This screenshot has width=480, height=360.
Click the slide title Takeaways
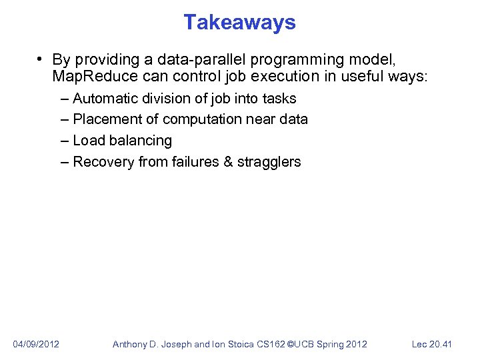tap(239, 23)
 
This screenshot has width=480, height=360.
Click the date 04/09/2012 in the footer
tap(36, 344)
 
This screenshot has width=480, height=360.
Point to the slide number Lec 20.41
tap(432, 344)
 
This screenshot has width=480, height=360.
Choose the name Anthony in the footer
tap(131, 344)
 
